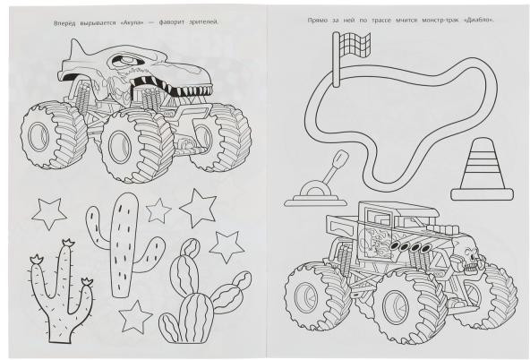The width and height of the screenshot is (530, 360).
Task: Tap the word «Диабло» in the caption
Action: click(x=479, y=21)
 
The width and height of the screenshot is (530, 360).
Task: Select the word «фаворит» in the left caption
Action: click(x=170, y=22)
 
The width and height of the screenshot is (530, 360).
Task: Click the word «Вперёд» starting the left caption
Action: click(x=64, y=23)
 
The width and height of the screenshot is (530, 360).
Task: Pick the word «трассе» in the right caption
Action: click(x=381, y=21)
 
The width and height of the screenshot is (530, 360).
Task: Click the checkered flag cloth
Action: click(x=355, y=45)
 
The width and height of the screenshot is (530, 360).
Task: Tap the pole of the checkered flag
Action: click(x=336, y=59)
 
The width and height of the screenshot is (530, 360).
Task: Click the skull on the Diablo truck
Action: click(x=472, y=257)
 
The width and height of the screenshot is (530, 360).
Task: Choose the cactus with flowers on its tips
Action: click(x=62, y=291)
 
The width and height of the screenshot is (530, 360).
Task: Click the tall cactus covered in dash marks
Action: click(x=124, y=244)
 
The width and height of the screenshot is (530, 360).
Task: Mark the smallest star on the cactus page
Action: click(x=158, y=210)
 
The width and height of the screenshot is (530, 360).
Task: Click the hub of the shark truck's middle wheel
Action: click(x=119, y=147)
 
